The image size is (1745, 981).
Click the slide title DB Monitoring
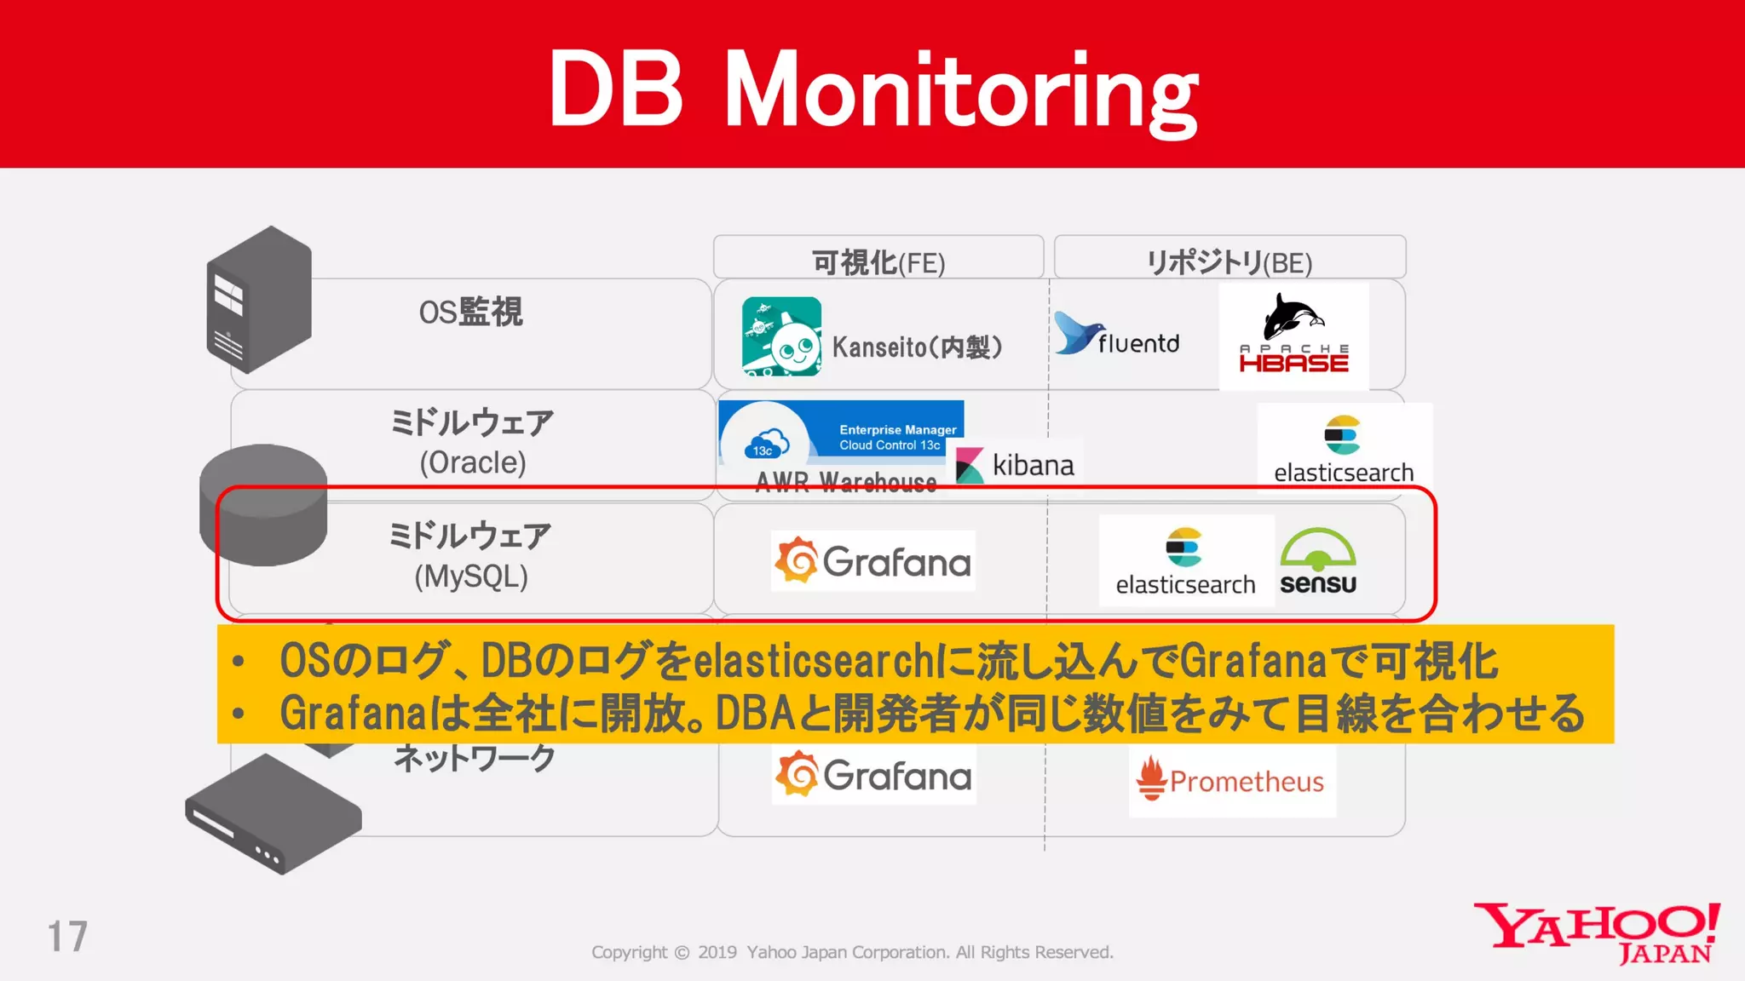click(872, 89)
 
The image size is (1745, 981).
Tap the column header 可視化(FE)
click(878, 261)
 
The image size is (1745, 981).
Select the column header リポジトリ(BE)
click(1229, 261)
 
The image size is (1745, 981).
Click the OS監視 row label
click(470, 313)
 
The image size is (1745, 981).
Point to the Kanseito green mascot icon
click(781, 336)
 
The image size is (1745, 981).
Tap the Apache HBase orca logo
click(1293, 335)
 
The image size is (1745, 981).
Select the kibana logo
click(1015, 465)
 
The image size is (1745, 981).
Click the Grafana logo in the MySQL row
click(872, 561)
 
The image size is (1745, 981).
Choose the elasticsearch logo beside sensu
click(1185, 561)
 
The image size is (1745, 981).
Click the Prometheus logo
click(1231, 779)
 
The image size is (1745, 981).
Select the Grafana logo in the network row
click(873, 775)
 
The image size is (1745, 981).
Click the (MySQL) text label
click(470, 577)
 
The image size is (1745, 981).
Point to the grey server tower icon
click(259, 300)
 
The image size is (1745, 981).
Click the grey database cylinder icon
click(263, 504)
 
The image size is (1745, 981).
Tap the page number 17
click(67, 937)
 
